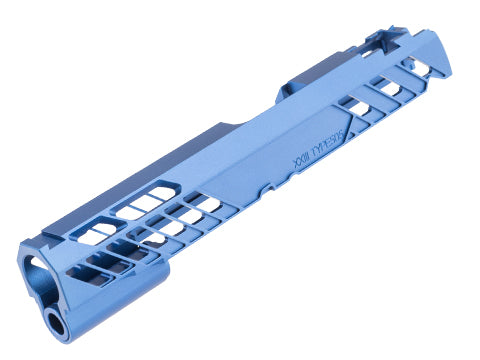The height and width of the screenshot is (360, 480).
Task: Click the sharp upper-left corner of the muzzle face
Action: coord(19,244)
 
